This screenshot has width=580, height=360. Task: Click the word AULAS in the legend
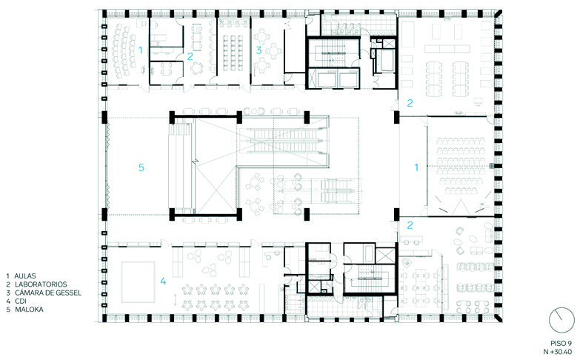25,276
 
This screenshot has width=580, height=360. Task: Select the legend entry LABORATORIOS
41,284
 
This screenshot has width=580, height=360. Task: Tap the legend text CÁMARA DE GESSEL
47,293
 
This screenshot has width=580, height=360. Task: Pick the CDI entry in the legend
21,301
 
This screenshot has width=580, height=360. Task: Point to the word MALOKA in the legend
29,310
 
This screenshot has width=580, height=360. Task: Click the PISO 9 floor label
561,344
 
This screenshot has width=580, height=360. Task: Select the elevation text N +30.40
558,352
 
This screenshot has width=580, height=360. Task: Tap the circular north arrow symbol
561,321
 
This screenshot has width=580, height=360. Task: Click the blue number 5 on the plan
141,167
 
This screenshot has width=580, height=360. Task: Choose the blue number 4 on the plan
163,281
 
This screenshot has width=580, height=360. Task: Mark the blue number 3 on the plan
259,50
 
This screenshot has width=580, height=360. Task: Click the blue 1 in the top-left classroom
140,50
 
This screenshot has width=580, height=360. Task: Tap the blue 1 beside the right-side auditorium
416,167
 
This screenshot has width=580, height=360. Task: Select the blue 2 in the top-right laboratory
410,103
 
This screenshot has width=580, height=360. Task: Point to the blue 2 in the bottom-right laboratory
410,225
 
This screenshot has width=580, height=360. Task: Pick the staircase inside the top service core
333,53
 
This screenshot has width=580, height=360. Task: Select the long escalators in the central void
283,140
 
